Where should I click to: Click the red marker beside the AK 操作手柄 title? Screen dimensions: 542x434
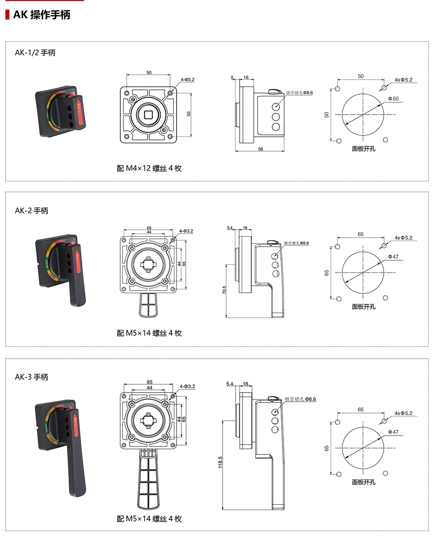[7, 15]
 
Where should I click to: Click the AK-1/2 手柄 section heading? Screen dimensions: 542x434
[35, 53]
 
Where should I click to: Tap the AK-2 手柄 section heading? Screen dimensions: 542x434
[32, 211]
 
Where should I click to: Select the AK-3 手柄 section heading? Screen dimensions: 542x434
[32, 377]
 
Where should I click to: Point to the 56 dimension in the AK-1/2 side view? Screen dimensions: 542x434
[260, 149]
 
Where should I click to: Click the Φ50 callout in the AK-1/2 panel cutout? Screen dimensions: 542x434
[393, 99]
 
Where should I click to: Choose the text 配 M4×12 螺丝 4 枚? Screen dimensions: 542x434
[149, 169]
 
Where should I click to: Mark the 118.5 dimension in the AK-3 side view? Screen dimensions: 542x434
[220, 462]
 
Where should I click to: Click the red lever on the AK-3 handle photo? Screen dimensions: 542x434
[76, 423]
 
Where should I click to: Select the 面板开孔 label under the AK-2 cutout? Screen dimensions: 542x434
[364, 307]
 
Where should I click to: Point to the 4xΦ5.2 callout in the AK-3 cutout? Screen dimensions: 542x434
[403, 413]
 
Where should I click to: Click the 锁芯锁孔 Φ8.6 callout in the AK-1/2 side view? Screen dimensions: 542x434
[299, 93]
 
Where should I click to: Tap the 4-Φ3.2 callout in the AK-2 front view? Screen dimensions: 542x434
[186, 231]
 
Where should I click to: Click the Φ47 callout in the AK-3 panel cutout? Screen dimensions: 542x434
[393, 432]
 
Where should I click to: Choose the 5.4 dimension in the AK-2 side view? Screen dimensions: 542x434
[230, 228]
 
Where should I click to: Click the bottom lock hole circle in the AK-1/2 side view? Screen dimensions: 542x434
[276, 127]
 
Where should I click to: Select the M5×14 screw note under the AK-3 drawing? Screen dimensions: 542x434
[149, 519]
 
